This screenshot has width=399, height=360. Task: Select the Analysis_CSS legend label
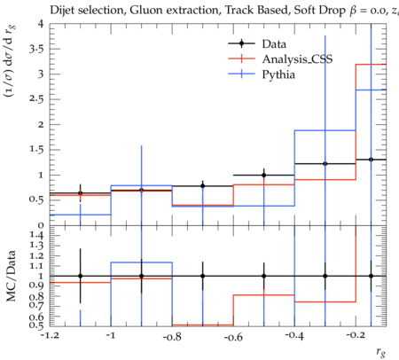pos(297,59)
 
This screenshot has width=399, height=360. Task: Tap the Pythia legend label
pos(278,74)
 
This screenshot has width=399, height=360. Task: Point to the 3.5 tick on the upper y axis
pos(36,49)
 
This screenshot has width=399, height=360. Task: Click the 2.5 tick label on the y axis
pos(36,99)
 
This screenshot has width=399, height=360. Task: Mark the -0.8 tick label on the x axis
pos(172,337)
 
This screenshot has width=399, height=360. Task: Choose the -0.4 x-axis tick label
pos(294,336)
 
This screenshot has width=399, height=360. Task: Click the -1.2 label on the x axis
pos(50,336)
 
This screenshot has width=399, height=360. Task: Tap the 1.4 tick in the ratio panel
pos(36,235)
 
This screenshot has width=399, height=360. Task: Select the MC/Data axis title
pos(11,276)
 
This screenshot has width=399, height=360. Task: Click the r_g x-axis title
pos(381,352)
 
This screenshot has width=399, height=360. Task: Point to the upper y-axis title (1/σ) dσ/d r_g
pos(10,61)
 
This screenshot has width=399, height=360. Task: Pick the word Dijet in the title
pos(61,11)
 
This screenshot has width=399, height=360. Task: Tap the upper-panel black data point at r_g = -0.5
pos(264,176)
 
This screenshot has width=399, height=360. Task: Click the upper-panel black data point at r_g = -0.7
pos(203,186)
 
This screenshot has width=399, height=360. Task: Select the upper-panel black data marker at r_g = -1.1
pos(80,193)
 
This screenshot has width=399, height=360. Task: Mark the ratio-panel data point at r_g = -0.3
pos(325,276)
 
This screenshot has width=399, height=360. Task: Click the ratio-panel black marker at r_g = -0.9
pos(142,276)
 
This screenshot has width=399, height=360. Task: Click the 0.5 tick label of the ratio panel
pos(36,325)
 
